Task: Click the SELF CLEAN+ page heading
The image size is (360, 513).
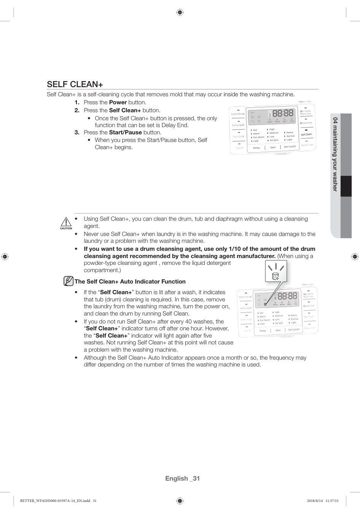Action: (75, 84)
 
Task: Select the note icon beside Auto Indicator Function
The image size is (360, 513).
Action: (68, 281)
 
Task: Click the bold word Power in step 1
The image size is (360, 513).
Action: (118, 102)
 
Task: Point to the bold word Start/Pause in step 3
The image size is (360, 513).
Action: (125, 132)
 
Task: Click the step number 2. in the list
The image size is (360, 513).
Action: (77, 110)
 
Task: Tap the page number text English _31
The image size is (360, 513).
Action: (182, 478)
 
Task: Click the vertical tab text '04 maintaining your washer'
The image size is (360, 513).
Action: (335, 154)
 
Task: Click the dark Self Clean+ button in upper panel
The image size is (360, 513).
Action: (306, 134)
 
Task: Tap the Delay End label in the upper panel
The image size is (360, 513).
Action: (306, 123)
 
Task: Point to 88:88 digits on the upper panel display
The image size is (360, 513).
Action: (283, 113)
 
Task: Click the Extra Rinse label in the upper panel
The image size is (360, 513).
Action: (238, 114)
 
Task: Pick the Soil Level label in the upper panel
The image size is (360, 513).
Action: (290, 147)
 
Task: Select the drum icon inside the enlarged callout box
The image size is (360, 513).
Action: (276, 276)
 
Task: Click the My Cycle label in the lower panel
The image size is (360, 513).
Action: (308, 294)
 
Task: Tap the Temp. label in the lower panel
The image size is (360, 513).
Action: (263, 331)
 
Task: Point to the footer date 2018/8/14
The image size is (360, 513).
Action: (314, 501)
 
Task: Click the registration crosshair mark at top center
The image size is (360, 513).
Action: (180, 13)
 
